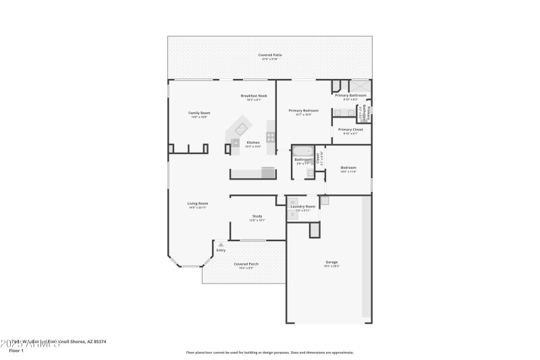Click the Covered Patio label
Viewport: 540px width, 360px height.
coord(270,55)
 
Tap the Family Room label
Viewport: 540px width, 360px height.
coord(198,113)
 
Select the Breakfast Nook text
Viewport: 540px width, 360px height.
coord(254,96)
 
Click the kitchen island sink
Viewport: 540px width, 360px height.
coord(236,142)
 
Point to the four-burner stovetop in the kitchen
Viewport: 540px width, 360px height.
coord(270,136)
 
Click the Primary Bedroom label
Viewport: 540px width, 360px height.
coord(303,110)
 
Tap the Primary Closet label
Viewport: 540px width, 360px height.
coord(350,129)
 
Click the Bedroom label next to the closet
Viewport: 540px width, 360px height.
coord(348,168)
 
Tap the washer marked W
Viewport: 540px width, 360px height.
coord(293,202)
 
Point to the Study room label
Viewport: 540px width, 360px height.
coord(257,216)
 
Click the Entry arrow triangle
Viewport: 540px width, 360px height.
coord(220,245)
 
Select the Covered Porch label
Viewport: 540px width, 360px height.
coord(246,264)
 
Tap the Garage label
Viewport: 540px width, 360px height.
coord(331,262)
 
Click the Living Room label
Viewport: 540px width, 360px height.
coord(198,203)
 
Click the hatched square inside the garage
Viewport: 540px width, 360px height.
coord(314,230)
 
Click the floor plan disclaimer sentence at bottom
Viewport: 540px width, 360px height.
coord(269,352)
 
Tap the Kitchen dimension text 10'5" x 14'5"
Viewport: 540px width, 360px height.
coord(253,147)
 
